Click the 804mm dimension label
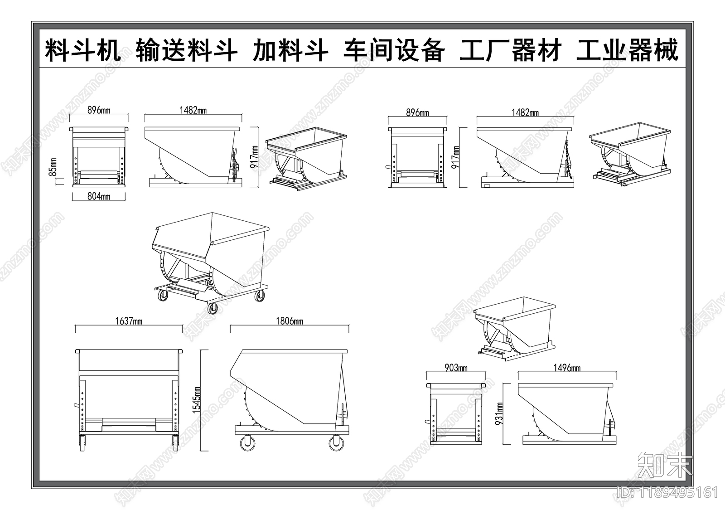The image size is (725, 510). coord(99,196)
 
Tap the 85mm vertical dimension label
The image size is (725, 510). coord(53,167)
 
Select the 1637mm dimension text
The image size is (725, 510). coord(129,321)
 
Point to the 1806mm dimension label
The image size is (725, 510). coord(289,321)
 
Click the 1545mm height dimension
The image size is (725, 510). coord(197,400)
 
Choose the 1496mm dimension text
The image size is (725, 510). coord(566,368)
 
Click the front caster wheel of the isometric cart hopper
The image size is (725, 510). coord(212,309)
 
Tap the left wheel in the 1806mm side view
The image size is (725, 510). coord(247,442)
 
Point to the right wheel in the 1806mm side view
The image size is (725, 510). coord(336,442)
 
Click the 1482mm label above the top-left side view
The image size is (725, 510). coord(193,110)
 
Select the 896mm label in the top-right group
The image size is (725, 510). coord(417,112)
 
